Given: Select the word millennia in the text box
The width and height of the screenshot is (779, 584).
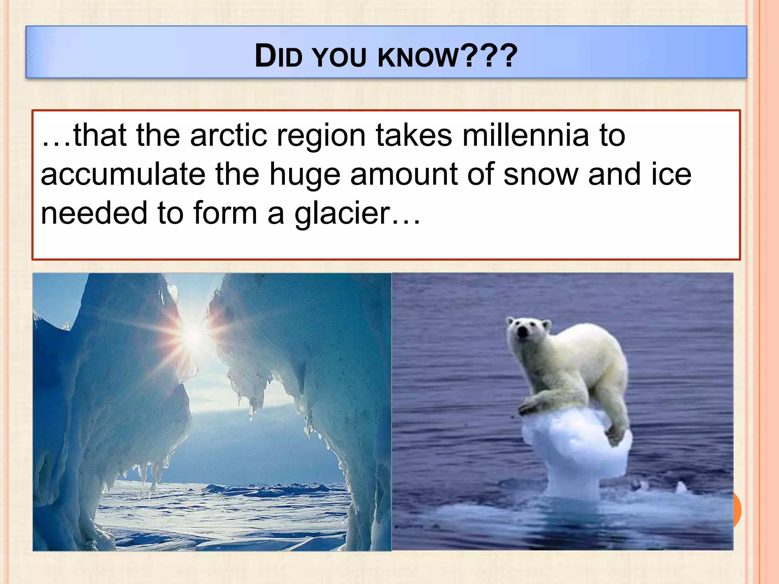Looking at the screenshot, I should point(525,136).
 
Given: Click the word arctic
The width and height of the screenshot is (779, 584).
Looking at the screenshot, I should point(229,136).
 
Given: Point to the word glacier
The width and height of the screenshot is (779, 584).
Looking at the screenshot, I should point(342,214).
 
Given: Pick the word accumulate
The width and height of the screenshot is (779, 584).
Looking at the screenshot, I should point(123,175).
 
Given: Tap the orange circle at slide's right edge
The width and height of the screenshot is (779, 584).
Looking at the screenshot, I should point(737,509).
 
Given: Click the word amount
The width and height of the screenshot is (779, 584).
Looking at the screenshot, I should point(404,175).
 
